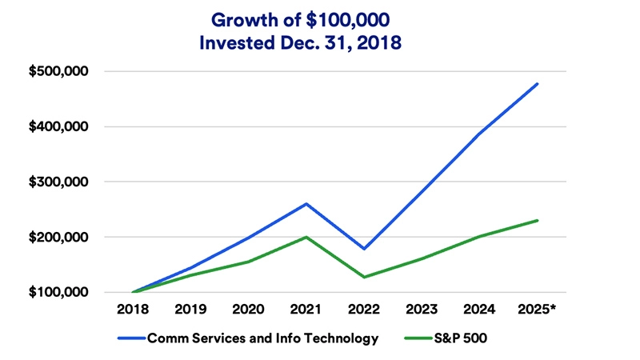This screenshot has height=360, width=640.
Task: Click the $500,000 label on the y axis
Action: click(x=58, y=72)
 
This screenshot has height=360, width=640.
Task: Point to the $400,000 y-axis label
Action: click(x=58, y=127)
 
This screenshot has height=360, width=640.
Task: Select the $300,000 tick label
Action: click(x=58, y=182)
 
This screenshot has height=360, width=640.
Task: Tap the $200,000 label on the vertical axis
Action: click(x=58, y=238)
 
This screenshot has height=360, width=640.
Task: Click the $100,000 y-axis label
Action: click(x=58, y=293)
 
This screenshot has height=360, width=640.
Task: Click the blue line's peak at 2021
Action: click(x=306, y=204)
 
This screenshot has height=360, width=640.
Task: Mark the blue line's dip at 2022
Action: click(x=364, y=249)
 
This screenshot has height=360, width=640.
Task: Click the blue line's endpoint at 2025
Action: click(x=537, y=83)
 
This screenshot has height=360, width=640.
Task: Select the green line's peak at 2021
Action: click(x=306, y=237)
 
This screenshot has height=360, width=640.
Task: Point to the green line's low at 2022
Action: click(x=364, y=277)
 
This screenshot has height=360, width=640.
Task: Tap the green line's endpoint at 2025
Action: click(x=537, y=220)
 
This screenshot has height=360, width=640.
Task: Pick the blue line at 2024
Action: click(x=479, y=134)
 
